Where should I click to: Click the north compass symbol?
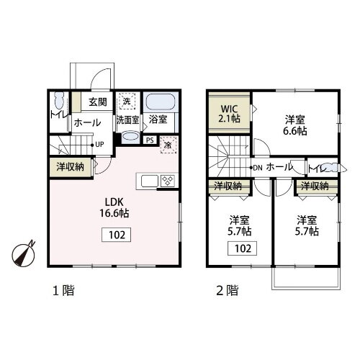pyautogui.click(x=26, y=253)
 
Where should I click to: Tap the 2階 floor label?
pyautogui.click(x=228, y=292)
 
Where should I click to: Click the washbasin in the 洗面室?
pyautogui.click(x=127, y=135)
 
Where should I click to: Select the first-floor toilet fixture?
pyautogui.click(x=57, y=101)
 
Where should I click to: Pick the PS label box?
pyautogui.click(x=150, y=141)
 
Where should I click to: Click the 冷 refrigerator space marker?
pyautogui.click(x=167, y=143)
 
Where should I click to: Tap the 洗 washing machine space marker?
pyautogui.click(x=126, y=102)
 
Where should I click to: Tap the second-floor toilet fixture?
pyautogui.click(x=330, y=168)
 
